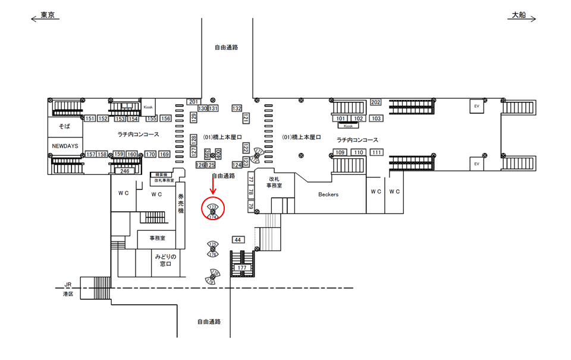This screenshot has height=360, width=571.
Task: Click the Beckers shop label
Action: [x=328, y=194]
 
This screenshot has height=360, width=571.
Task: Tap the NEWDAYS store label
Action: [x=64, y=146]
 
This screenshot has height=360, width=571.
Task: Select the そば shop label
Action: [x=64, y=127]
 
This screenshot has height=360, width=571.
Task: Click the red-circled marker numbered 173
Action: [x=212, y=206]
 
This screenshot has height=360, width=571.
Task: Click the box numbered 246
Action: [x=124, y=171]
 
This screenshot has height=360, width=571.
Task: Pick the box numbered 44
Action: [x=238, y=239]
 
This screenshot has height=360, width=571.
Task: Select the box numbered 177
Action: [x=241, y=268]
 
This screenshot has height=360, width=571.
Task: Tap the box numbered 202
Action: [x=375, y=102]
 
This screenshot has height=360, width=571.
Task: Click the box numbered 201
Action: [x=193, y=102]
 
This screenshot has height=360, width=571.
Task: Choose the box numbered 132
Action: [x=237, y=108]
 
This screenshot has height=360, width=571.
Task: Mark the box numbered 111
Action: [x=376, y=152]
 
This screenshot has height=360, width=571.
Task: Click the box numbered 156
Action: [x=165, y=118]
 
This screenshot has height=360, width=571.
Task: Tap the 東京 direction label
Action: [x=48, y=15]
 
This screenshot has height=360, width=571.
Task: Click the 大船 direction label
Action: [x=519, y=15]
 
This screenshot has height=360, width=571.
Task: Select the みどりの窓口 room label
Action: [x=164, y=259]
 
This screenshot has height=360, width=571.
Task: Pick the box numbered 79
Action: [x=251, y=206]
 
